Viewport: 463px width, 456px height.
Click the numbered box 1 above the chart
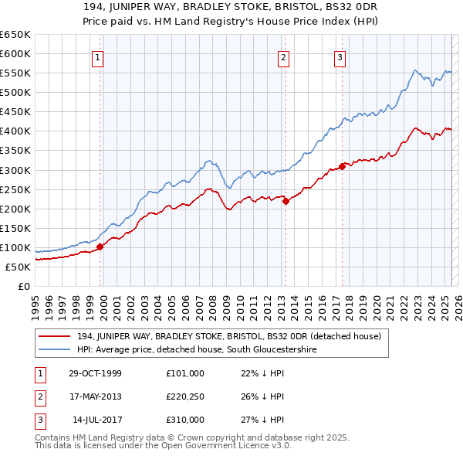tap(99, 56)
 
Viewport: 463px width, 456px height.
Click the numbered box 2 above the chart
tap(284, 56)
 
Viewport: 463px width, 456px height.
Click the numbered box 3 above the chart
tap(340, 56)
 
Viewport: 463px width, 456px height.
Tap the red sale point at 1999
tap(100, 247)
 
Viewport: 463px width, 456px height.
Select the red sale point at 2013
tap(286, 201)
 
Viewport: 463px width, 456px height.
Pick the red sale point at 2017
tap(342, 166)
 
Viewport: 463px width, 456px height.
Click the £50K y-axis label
tap(18, 267)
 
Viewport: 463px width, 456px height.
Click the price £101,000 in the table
tap(185, 373)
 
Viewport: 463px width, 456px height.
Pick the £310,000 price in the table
tap(185, 420)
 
